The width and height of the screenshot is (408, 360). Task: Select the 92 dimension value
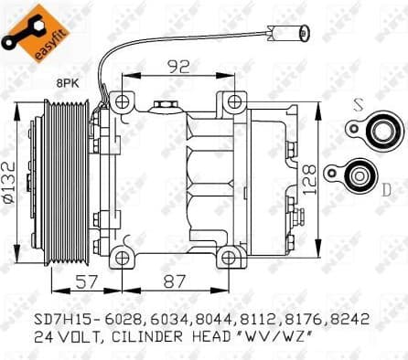coord(178,66)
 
